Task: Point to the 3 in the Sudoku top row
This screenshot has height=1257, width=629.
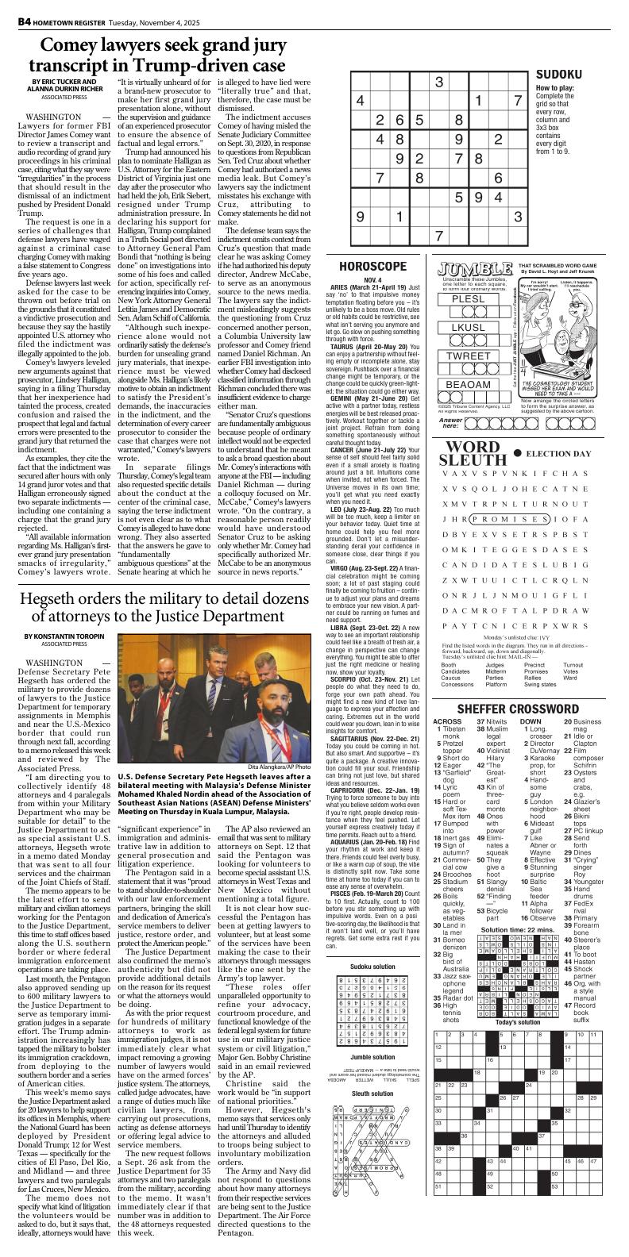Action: pyautogui.click(x=438, y=82)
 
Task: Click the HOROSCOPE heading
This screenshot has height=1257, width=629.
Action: pyautogui.click(x=372, y=267)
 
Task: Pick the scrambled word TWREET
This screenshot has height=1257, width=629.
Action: pyautogui.click(x=469, y=356)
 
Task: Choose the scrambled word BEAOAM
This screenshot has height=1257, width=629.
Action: pyautogui.click(x=469, y=385)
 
